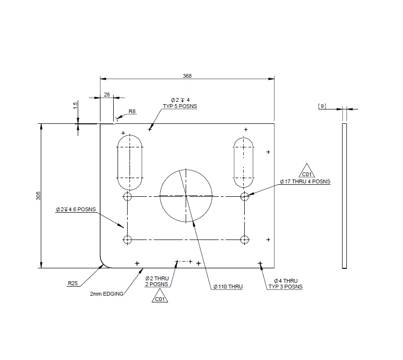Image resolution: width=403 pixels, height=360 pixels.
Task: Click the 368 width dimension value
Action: [x=187, y=75]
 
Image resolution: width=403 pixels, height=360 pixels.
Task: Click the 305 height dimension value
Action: [x=38, y=196]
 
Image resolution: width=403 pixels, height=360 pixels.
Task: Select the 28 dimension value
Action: [x=107, y=95]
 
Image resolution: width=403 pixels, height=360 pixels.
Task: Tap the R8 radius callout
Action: [x=132, y=112]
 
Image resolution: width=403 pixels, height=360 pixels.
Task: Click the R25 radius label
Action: [x=72, y=283]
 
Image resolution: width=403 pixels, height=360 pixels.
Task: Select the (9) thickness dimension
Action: [x=322, y=106]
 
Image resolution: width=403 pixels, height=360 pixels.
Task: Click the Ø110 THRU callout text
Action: [x=228, y=287]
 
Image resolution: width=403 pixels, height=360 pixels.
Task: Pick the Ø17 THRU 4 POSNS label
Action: [x=305, y=182]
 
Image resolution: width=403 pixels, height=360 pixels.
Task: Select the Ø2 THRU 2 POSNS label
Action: [x=156, y=281]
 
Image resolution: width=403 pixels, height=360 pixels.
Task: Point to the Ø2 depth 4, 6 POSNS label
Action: [x=76, y=209]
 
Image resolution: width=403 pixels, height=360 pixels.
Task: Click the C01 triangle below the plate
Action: [x=160, y=299]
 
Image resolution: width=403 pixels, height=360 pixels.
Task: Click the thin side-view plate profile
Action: [x=344, y=196]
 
